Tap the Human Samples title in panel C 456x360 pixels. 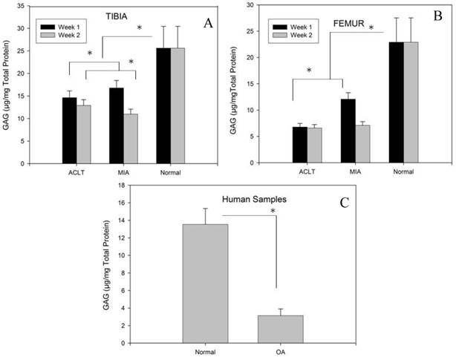coord(241,198)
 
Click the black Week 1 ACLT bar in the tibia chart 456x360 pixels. coord(69,130)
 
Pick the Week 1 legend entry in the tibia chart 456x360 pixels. coord(59,23)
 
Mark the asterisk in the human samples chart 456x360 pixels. coord(274,212)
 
